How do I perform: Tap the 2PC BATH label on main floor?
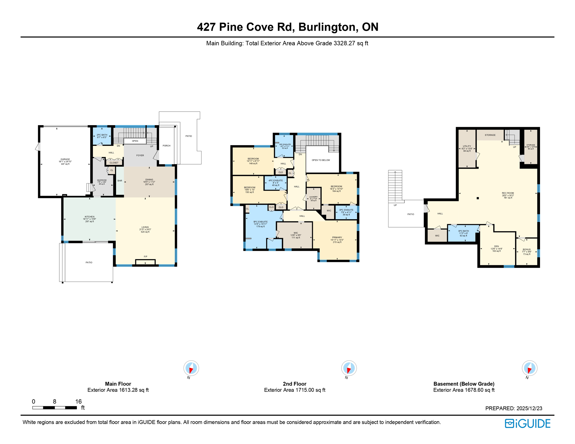pos(102,135)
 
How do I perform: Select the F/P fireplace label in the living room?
pos(145,257)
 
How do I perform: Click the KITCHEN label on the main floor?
pos(89,217)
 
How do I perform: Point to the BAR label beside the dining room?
pos(120,181)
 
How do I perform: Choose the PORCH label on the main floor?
pos(166,146)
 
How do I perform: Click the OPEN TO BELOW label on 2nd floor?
pos(321,160)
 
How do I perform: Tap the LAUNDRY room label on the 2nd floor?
pos(313,197)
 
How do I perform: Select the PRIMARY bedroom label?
pos(337,238)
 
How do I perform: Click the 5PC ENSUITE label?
pos(260,222)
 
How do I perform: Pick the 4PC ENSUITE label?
pos(276,181)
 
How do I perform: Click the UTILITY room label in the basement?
pos(467,146)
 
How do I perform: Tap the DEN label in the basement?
pos(496,247)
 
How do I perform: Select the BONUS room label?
pos(527,249)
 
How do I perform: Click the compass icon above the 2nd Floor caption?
pos(349,368)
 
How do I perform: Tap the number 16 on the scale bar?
pos(78,402)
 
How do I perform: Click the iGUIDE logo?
pos(528,424)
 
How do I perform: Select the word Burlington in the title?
pos(327,27)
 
